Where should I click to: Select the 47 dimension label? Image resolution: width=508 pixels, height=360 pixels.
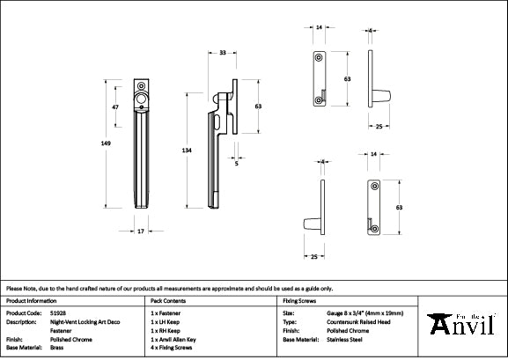tap(114, 107)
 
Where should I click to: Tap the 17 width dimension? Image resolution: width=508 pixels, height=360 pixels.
tap(140, 231)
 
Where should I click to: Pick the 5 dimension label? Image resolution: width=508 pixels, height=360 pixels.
tap(237, 162)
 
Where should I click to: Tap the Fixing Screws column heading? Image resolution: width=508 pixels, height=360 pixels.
tap(299, 300)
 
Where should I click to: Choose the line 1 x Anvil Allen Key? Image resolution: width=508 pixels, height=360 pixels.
tap(180, 339)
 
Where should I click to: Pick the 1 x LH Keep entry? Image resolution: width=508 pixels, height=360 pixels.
tap(171, 321)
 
